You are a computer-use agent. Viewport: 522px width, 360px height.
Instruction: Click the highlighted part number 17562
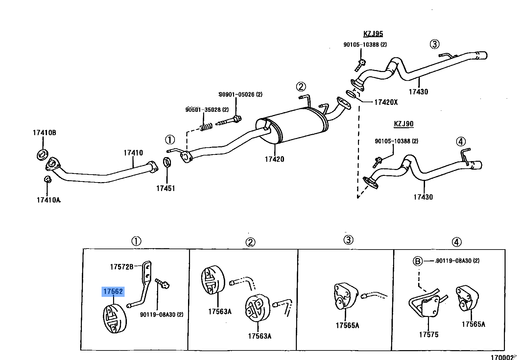click(x=113, y=292)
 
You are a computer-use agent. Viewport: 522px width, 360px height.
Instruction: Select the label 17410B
click(x=44, y=133)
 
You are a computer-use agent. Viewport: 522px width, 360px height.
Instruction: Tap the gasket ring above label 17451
click(x=167, y=162)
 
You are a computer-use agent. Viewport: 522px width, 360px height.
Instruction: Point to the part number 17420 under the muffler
click(x=274, y=159)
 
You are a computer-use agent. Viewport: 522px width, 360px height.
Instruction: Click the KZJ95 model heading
click(x=373, y=34)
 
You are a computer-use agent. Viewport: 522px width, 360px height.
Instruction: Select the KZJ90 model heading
click(x=404, y=124)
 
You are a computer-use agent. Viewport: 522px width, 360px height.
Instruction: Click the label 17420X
click(x=386, y=102)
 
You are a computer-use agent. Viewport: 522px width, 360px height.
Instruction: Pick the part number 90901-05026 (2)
click(x=241, y=95)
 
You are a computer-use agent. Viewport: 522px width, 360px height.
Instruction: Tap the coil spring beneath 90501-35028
click(x=206, y=127)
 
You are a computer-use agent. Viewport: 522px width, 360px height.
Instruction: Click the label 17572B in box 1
click(x=122, y=267)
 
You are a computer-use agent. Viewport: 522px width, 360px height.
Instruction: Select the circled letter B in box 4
click(x=417, y=261)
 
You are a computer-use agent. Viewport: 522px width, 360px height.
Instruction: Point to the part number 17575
click(x=429, y=335)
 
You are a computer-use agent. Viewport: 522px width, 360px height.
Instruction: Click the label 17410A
click(x=49, y=200)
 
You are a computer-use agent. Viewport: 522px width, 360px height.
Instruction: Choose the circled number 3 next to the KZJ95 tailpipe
click(x=435, y=44)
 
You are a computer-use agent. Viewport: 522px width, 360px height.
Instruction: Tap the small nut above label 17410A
click(x=48, y=179)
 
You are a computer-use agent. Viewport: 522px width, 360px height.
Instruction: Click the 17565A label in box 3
click(x=347, y=325)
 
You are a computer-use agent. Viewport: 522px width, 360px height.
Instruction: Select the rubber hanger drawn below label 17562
click(x=115, y=318)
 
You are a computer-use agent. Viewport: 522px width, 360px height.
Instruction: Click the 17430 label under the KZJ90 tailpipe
click(x=423, y=197)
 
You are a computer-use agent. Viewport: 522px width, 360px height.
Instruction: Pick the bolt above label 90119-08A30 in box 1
click(x=162, y=283)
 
